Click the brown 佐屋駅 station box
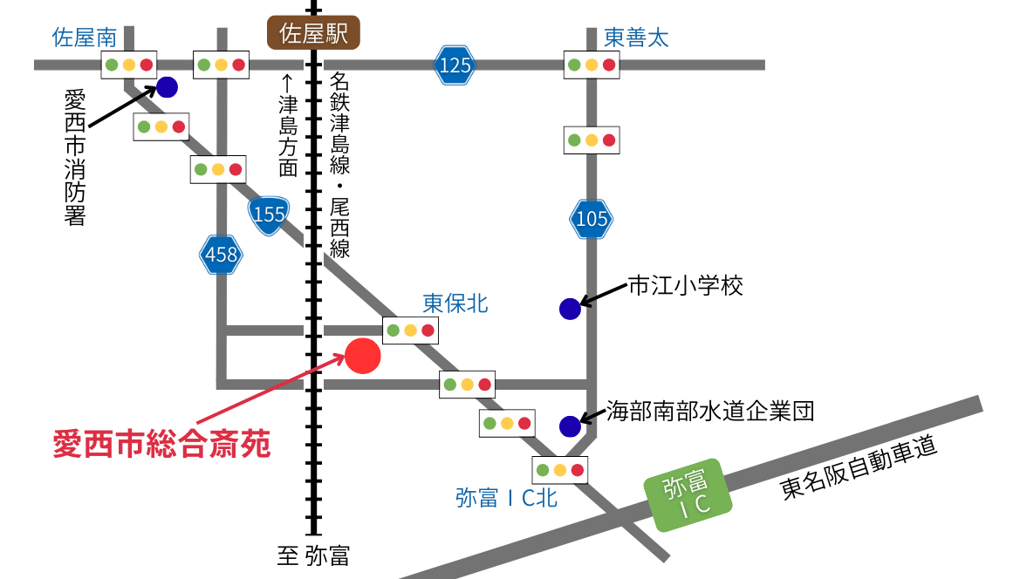312,34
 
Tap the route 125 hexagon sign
455,65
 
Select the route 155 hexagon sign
270,214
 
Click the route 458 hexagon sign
221,255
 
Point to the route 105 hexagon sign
592,219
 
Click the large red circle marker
363,356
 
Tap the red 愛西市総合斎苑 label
162,444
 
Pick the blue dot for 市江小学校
570,309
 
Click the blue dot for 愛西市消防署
167,87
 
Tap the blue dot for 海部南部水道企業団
570,426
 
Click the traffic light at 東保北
410,330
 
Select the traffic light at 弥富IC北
559,470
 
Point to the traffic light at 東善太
592,65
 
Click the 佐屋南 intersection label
84,37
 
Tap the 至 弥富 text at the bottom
311,555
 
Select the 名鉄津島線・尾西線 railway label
339,166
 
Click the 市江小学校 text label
686,286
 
